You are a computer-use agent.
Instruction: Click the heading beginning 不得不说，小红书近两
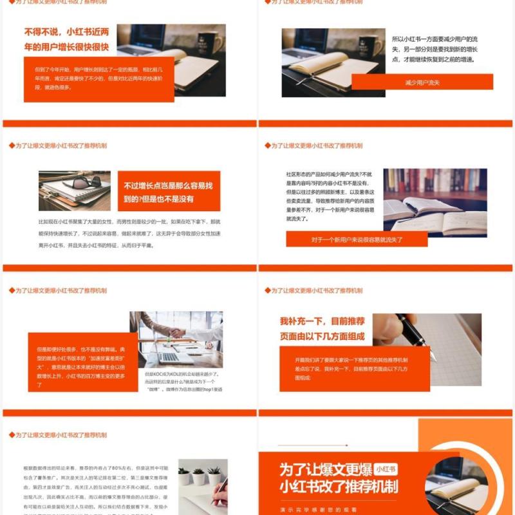coord(66,39)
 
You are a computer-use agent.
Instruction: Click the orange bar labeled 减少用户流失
coord(422,82)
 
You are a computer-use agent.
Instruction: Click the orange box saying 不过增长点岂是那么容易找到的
coord(168,192)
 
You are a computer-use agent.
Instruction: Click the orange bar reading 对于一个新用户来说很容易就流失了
coord(357,239)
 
